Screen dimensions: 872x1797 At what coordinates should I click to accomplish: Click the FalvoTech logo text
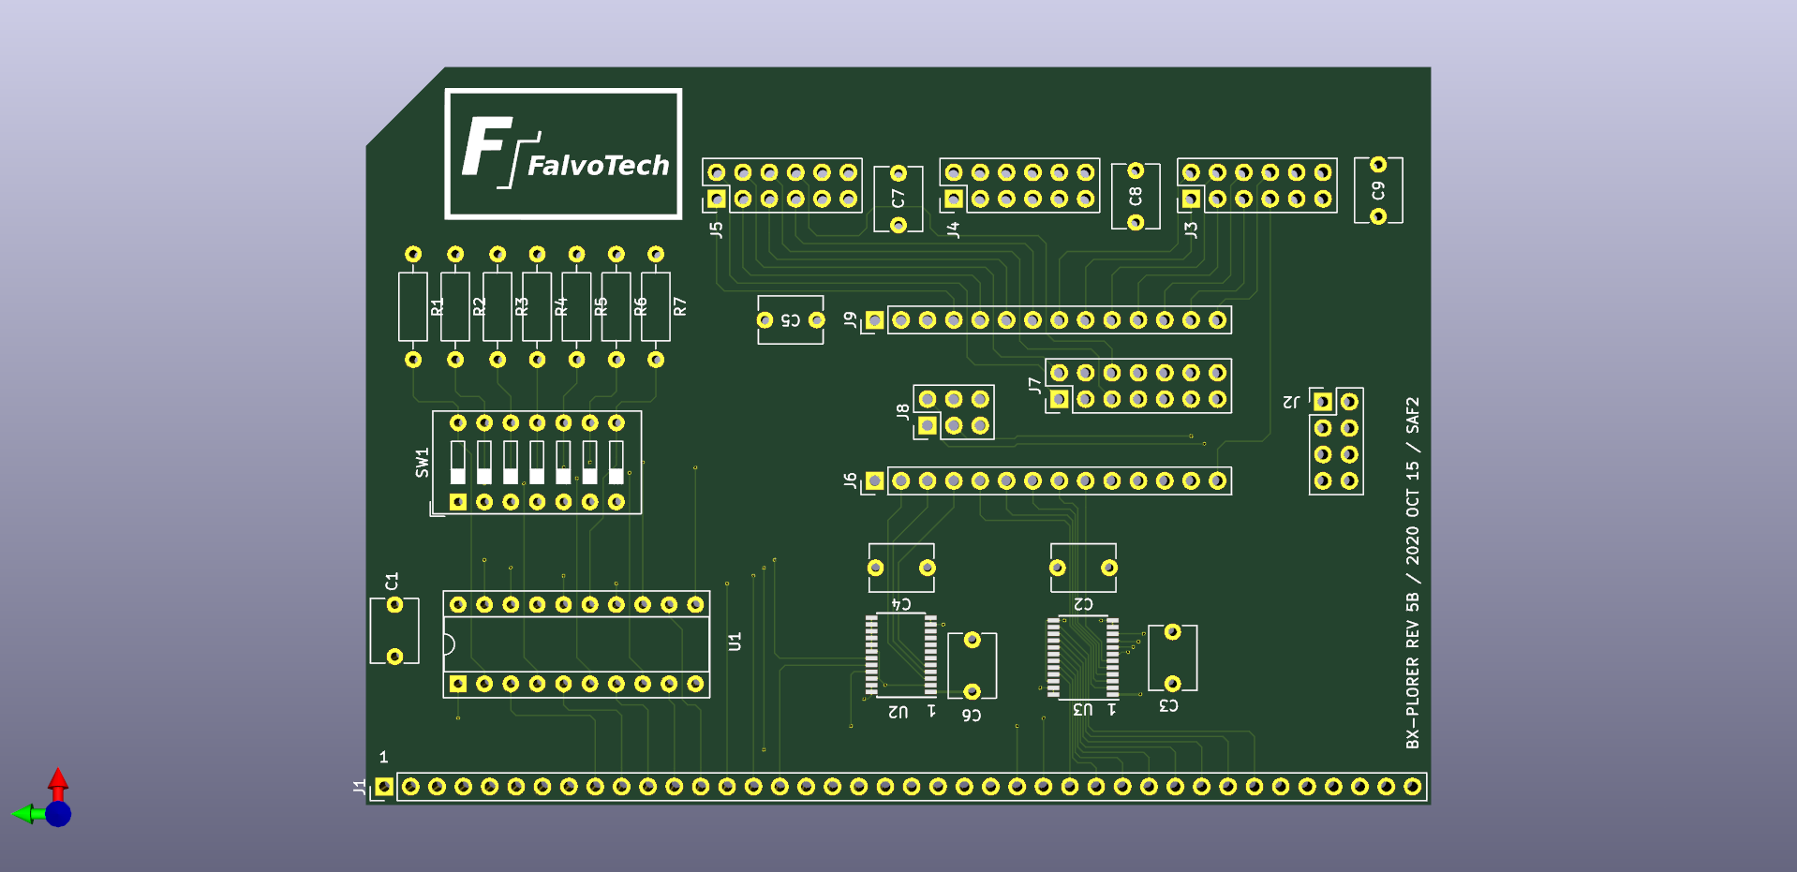(x=598, y=166)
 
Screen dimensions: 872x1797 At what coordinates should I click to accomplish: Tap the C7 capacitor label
(x=898, y=199)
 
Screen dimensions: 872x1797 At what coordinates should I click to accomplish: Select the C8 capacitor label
(x=1136, y=196)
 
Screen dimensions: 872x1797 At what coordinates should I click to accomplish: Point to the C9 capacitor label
(x=1377, y=190)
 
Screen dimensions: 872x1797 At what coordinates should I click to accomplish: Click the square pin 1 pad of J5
(x=717, y=199)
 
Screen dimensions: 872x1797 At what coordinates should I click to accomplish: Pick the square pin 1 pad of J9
(x=874, y=320)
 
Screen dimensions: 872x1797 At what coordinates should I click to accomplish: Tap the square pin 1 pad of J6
(x=874, y=480)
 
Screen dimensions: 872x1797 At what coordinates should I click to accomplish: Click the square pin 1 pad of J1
(x=384, y=787)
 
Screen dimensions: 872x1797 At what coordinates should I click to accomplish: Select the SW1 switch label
(x=423, y=462)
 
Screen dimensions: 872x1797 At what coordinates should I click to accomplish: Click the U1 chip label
(x=735, y=642)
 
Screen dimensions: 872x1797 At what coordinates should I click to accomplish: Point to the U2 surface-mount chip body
(x=900, y=655)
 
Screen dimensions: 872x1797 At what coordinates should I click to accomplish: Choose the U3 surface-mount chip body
(x=1082, y=656)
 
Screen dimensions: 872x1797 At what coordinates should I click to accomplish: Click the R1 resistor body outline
(x=413, y=306)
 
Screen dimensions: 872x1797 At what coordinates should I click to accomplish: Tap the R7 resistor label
(x=680, y=306)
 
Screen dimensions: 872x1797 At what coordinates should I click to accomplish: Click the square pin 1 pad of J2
(x=1323, y=402)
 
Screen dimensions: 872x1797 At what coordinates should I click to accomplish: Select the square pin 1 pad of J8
(x=927, y=426)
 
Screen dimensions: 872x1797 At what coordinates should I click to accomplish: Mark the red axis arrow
(x=58, y=781)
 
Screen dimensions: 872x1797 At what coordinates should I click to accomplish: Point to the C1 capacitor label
(x=392, y=581)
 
